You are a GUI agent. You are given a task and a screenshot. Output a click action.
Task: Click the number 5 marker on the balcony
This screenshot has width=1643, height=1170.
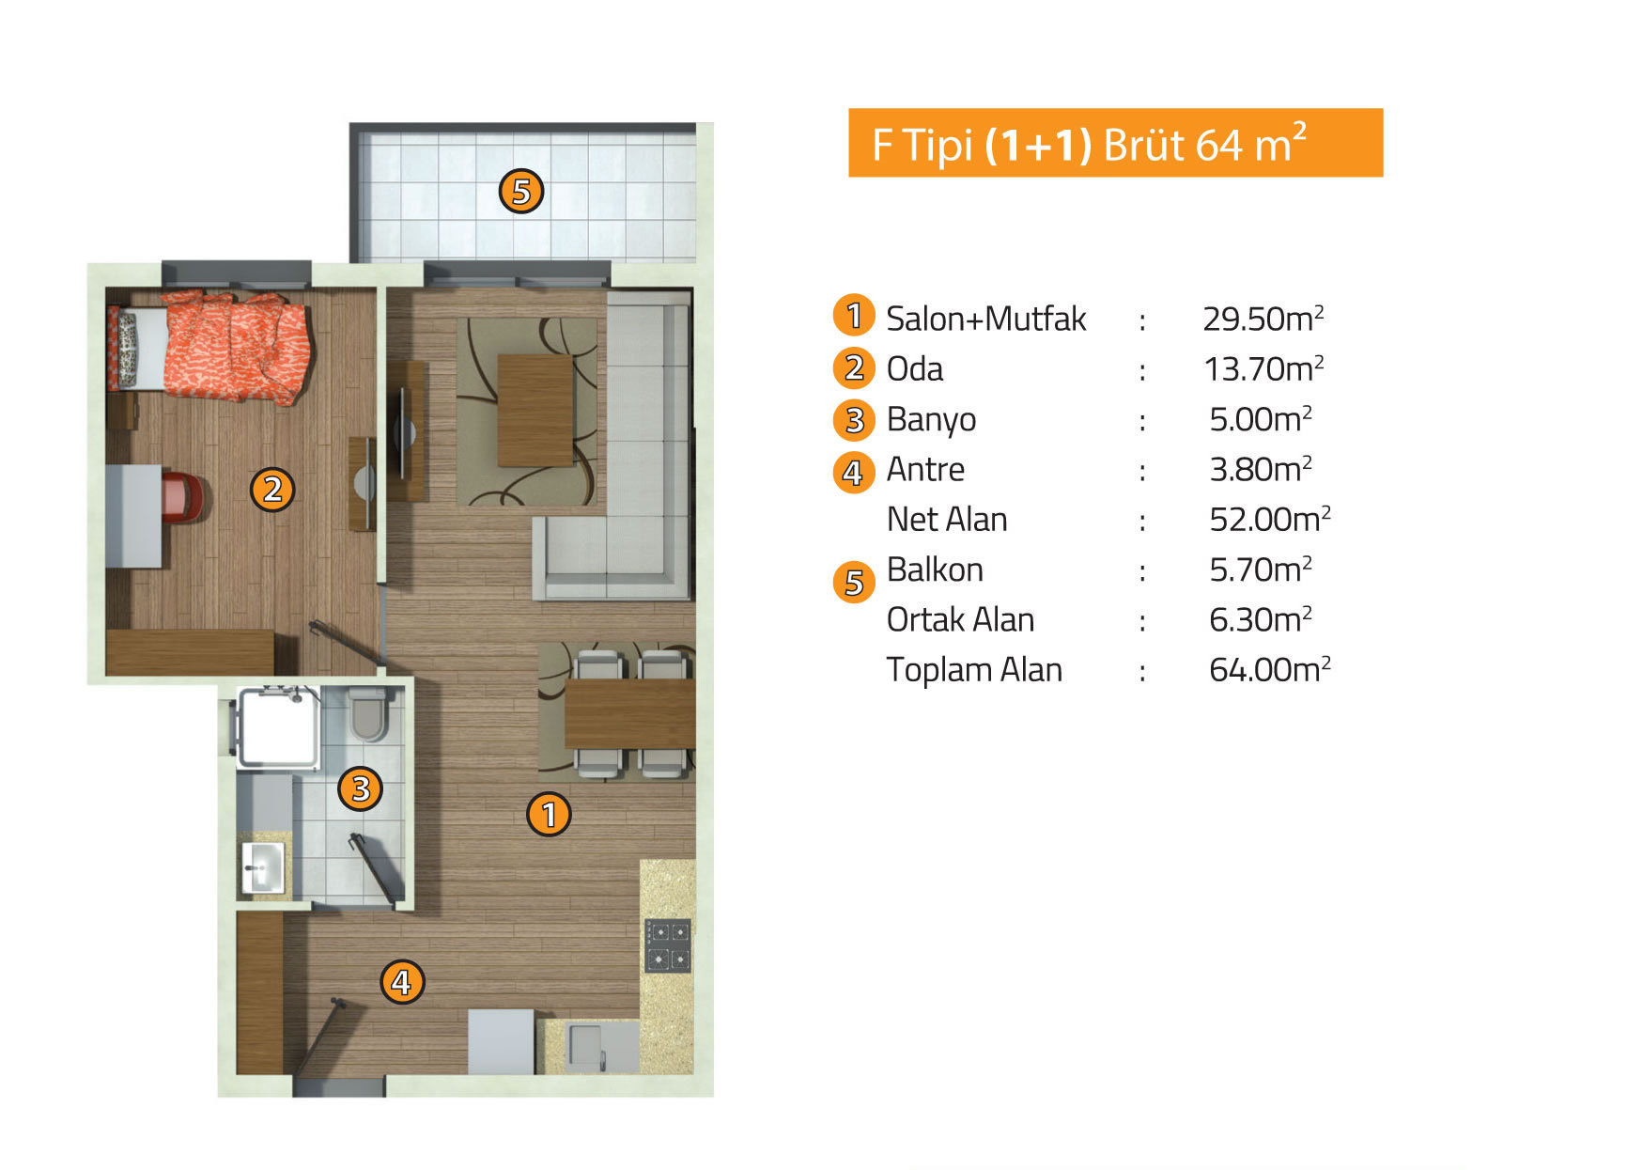coord(521,192)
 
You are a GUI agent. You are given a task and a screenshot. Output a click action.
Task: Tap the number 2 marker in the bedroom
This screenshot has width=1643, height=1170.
coord(272,490)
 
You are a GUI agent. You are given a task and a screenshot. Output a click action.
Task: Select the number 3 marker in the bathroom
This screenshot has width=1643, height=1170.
coord(361,788)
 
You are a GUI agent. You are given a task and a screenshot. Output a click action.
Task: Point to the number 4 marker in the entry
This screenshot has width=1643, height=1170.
coord(402,982)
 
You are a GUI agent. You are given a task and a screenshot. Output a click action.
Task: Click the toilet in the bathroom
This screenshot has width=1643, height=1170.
coord(367,714)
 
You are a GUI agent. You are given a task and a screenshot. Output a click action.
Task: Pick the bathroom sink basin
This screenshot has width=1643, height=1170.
coord(263,867)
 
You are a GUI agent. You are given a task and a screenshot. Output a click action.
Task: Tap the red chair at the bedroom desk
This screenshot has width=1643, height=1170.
coord(182,496)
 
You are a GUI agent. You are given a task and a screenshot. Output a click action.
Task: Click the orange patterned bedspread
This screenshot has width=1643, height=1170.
coord(237,348)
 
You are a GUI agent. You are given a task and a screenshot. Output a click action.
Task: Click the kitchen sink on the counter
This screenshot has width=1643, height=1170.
coord(585,1045)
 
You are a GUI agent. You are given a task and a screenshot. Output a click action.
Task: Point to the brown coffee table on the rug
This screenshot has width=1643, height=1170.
coord(535,410)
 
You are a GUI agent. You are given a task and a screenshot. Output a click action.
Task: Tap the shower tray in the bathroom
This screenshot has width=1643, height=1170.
coord(278,727)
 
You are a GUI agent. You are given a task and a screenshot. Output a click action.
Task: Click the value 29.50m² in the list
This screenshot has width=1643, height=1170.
coord(1263,319)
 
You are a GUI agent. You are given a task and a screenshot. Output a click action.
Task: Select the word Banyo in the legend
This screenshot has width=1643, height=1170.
coord(931,419)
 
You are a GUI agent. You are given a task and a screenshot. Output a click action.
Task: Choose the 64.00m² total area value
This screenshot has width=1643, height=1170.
coord(1270,669)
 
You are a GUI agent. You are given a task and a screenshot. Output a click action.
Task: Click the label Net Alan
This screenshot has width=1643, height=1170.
coord(947,519)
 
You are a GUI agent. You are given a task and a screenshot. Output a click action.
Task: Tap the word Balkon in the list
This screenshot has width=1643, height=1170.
coord(935,569)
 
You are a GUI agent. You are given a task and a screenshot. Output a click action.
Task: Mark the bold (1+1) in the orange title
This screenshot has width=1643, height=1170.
coord(1038,145)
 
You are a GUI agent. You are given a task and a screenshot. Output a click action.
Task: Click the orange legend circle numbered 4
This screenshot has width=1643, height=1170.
coord(854,472)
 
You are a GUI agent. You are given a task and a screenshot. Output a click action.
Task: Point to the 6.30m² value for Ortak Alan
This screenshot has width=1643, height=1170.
coord(1261,619)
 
